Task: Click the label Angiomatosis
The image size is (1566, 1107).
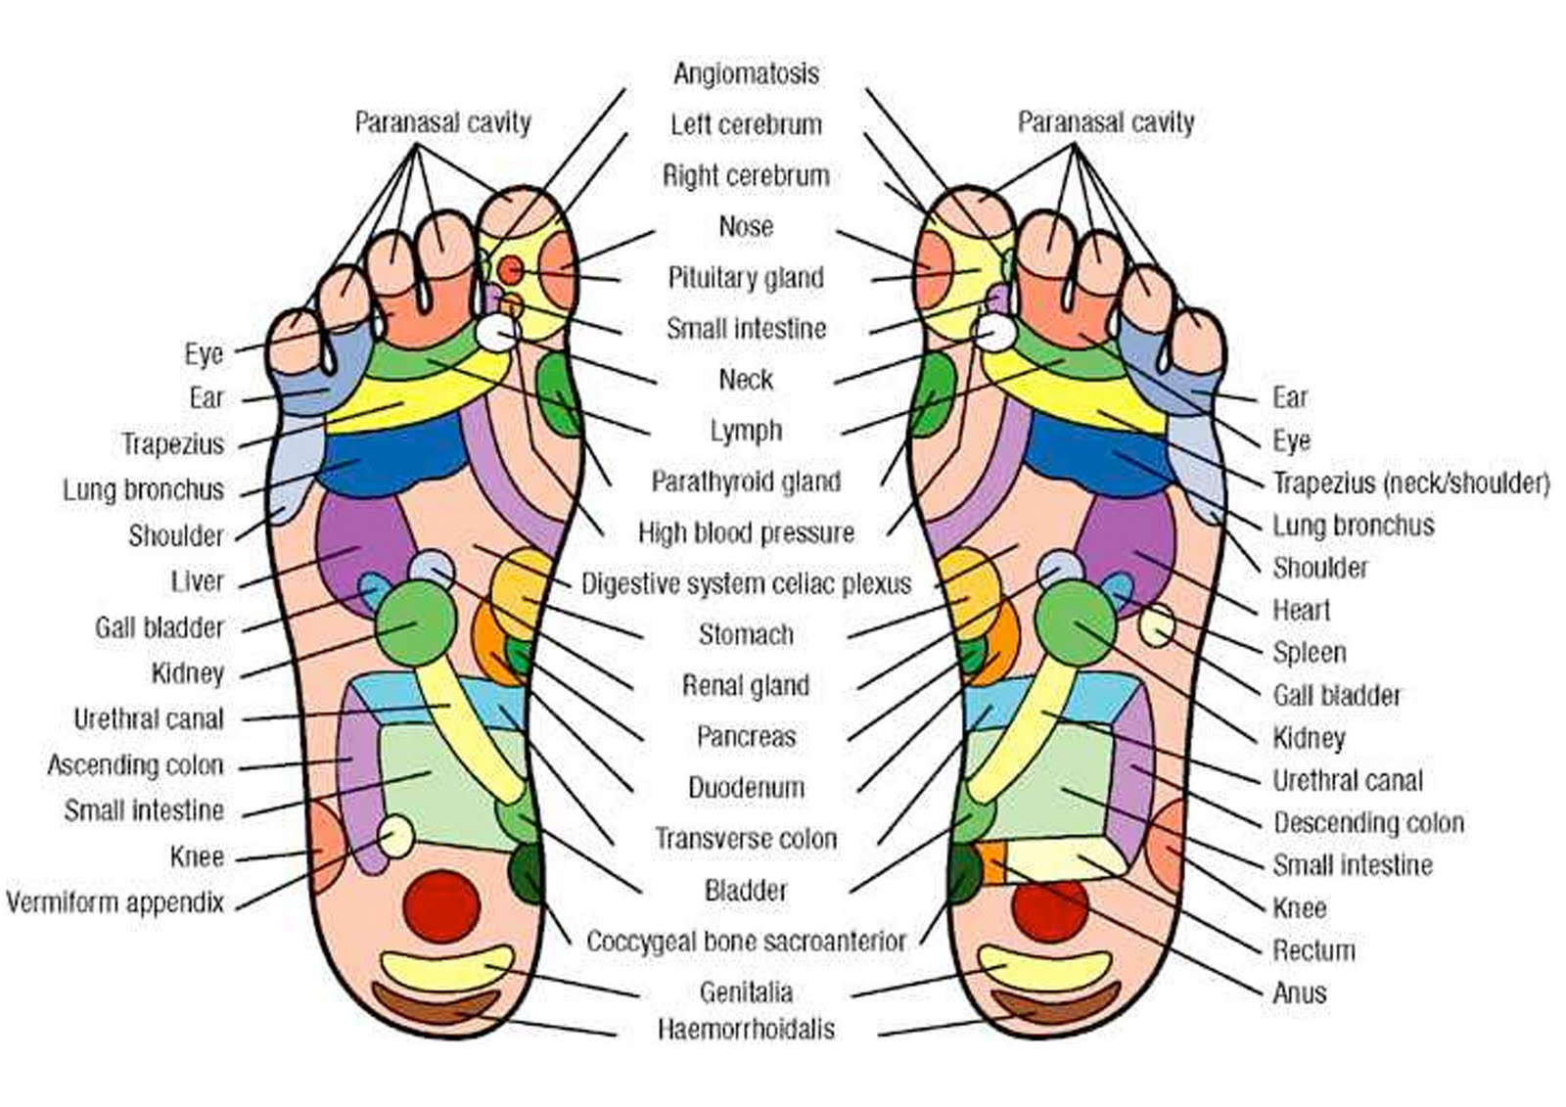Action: tap(746, 73)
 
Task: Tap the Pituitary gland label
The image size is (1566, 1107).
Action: tap(746, 278)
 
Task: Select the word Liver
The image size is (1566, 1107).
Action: tap(197, 581)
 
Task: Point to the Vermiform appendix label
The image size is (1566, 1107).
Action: tap(115, 902)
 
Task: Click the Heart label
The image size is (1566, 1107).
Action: tap(1301, 611)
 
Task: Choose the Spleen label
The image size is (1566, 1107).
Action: tap(1310, 653)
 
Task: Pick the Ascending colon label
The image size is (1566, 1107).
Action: tap(136, 765)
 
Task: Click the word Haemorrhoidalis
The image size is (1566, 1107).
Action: tap(746, 1030)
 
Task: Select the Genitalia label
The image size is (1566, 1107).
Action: tap(746, 992)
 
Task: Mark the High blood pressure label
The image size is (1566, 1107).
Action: tap(746, 532)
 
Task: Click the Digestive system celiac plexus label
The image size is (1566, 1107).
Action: tap(746, 584)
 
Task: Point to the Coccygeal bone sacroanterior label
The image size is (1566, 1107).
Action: tap(746, 942)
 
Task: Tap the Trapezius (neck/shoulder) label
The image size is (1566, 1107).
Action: tap(1410, 484)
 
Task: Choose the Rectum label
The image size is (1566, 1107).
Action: tap(1313, 950)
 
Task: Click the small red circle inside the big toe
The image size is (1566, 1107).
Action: tap(511, 270)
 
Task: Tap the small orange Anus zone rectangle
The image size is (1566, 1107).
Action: tap(991, 863)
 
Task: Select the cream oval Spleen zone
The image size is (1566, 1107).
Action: tap(1157, 625)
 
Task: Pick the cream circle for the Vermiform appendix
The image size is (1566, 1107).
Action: tap(396, 837)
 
